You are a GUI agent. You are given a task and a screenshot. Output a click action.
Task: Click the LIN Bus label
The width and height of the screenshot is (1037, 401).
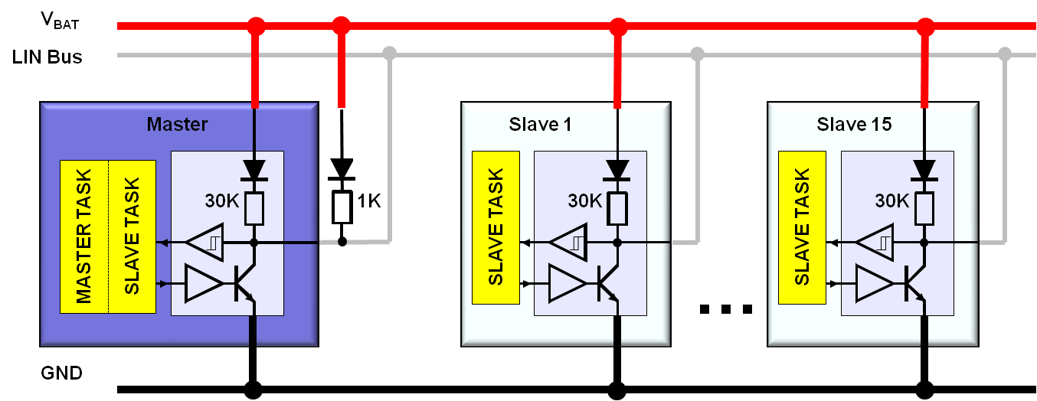pyautogui.click(x=47, y=57)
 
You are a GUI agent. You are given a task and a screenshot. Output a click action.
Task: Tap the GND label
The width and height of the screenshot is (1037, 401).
pyautogui.click(x=61, y=373)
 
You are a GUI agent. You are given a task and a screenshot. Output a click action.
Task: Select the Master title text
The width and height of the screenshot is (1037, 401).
pyautogui.click(x=177, y=124)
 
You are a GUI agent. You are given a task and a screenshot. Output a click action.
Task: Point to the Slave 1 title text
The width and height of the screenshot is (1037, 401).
pyautogui.click(x=540, y=124)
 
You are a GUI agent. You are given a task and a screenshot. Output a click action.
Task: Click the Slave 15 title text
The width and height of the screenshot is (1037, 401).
pyautogui.click(x=854, y=124)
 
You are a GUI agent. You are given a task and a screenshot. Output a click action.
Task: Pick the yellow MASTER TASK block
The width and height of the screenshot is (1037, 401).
pyautogui.click(x=84, y=236)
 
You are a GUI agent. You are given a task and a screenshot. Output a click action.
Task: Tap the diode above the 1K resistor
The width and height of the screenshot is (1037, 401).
pyautogui.click(x=342, y=168)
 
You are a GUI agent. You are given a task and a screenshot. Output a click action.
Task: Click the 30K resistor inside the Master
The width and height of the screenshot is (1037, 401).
pyautogui.click(x=254, y=207)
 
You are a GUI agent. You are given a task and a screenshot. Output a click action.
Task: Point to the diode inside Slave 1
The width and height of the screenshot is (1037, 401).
pyautogui.click(x=617, y=168)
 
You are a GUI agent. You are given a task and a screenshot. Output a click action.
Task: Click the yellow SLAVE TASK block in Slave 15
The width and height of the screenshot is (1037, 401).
pyautogui.click(x=802, y=227)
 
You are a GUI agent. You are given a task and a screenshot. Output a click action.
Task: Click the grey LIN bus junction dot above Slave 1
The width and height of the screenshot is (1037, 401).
pyautogui.click(x=696, y=54)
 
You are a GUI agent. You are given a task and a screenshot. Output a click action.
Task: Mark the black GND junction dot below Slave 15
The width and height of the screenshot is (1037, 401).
pyautogui.click(x=925, y=389)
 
